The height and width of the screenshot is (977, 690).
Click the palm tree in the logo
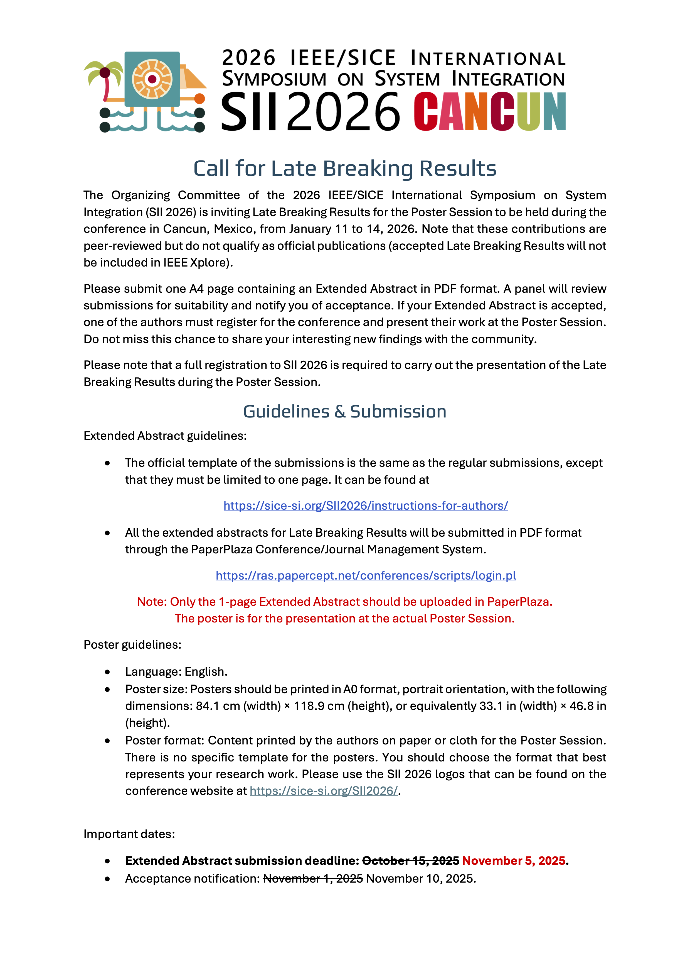click(104, 79)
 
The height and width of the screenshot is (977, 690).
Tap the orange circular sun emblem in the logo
click(152, 79)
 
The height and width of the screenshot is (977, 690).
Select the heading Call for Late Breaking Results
click(345, 168)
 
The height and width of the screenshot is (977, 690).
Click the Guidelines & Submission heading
click(345, 411)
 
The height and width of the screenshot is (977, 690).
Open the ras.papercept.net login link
click(366, 575)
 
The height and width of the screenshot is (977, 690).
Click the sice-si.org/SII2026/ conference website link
click(324, 791)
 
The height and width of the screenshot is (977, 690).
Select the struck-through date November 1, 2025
click(313, 878)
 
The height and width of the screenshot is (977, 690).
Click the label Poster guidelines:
click(132, 645)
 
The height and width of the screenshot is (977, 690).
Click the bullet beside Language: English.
click(108, 672)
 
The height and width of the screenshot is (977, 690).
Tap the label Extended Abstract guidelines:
click(165, 436)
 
